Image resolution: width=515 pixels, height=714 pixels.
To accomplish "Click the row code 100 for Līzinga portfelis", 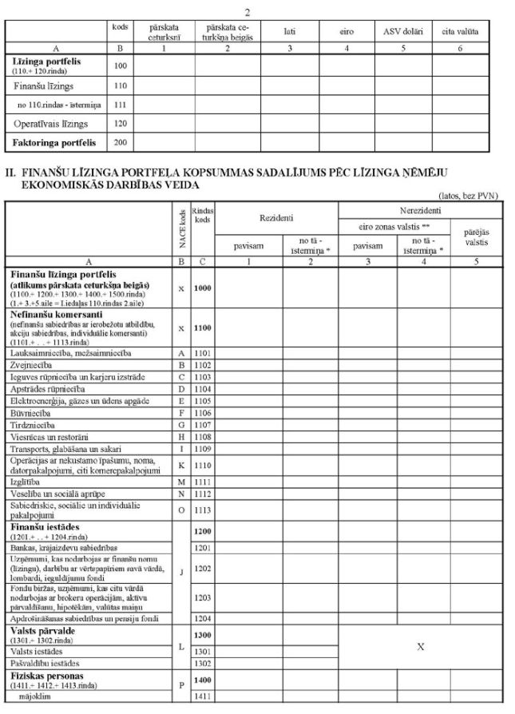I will pyautogui.click(x=121, y=64).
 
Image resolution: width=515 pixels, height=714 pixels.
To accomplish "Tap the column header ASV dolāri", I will pyautogui.click(x=402, y=31).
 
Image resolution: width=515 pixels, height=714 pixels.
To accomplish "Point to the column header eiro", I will pyautogui.click(x=347, y=31).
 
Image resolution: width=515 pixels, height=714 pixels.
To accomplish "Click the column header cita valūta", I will pyautogui.click(x=460, y=31).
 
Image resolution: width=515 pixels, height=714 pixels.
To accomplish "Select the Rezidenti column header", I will pyautogui.click(x=275, y=217).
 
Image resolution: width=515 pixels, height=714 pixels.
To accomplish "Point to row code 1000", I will pyautogui.click(x=203, y=288).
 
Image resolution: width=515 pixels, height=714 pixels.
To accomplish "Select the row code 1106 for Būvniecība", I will pyautogui.click(x=203, y=413).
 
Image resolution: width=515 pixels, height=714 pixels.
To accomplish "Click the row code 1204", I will pyautogui.click(x=203, y=617).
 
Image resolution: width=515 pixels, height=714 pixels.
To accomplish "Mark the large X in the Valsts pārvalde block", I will pyautogui.click(x=421, y=646).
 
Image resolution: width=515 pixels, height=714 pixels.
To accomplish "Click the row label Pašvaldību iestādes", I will pyautogui.click(x=45, y=663).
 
